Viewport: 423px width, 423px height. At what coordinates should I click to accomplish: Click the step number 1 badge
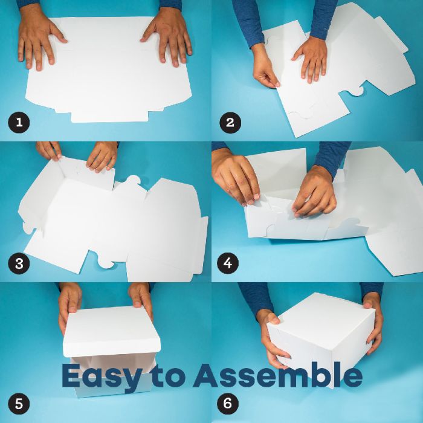pyautogui.click(x=19, y=123)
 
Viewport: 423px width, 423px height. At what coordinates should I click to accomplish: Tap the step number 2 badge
pyautogui.click(x=230, y=123)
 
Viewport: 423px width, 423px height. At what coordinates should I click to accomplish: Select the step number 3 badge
pyautogui.click(x=19, y=263)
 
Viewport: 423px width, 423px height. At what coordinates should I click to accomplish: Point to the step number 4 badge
pyautogui.click(x=228, y=263)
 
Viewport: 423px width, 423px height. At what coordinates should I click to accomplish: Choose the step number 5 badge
pyautogui.click(x=19, y=404)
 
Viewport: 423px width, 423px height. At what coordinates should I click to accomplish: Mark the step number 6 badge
pyautogui.click(x=228, y=404)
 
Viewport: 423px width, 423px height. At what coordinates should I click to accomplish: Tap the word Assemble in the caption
pyautogui.click(x=278, y=375)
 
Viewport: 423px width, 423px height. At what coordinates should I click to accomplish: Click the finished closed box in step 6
pyautogui.click(x=321, y=337)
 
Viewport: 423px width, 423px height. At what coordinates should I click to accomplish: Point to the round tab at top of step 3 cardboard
pyautogui.click(x=134, y=181)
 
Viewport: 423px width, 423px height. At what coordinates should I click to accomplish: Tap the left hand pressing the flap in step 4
pyautogui.click(x=235, y=175)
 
